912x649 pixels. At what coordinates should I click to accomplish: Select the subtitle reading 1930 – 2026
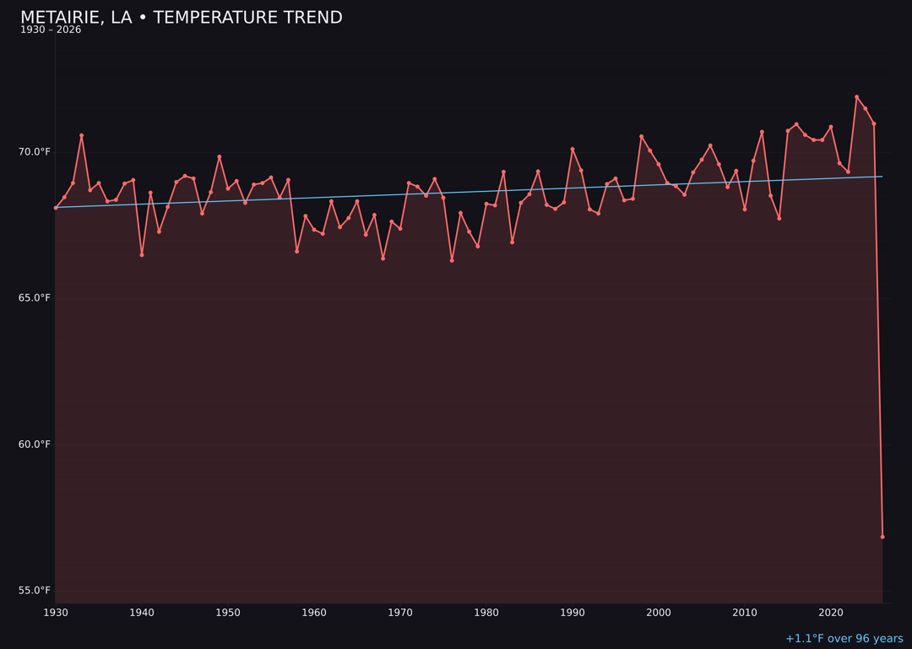click(x=51, y=30)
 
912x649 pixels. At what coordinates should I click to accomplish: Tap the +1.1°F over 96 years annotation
click(x=844, y=639)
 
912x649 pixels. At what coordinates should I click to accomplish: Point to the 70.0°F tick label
click(x=35, y=152)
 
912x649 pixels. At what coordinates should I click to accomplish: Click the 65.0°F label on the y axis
click(x=35, y=298)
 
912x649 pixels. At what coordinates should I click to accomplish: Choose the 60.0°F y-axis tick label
click(x=35, y=444)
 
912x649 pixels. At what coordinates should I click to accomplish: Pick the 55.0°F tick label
click(x=35, y=591)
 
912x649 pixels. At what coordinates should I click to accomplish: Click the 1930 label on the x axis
click(x=56, y=613)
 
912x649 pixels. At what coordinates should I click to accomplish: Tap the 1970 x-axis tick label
click(x=400, y=613)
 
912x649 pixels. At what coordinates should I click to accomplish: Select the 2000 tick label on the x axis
click(x=659, y=613)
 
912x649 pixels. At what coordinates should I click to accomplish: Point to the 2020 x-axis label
click(x=831, y=613)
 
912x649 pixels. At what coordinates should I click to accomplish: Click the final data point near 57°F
click(x=882, y=537)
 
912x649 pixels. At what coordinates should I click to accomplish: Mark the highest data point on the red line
click(x=856, y=96)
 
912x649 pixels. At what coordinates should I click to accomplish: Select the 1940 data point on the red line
click(x=142, y=254)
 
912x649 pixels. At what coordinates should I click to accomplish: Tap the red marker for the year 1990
click(x=573, y=150)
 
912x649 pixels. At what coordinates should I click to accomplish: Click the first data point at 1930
click(x=56, y=208)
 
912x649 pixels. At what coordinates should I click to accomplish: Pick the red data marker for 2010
click(x=745, y=209)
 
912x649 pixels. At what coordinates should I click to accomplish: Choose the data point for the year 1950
click(x=228, y=188)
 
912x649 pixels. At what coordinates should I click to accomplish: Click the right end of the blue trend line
click(x=882, y=177)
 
